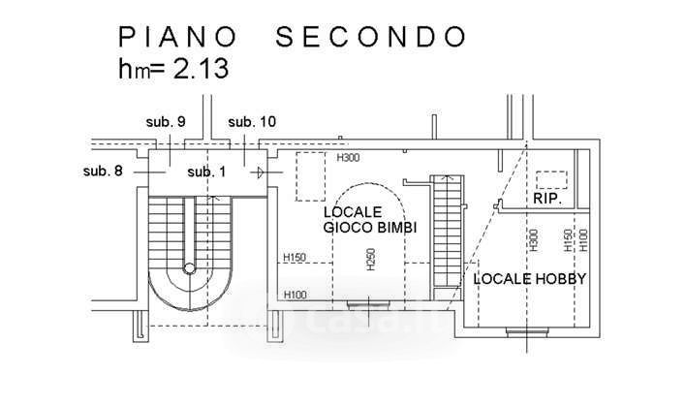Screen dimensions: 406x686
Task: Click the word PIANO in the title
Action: [179, 37]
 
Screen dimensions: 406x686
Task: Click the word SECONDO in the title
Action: [372, 37]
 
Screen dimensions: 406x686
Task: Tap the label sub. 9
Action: [166, 122]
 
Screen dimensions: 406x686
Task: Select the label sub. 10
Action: [252, 122]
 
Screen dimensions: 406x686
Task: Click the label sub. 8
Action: [104, 172]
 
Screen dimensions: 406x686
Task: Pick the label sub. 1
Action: [206, 172]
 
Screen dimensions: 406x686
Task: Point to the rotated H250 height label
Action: [371, 259]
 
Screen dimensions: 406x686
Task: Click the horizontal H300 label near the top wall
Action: [347, 158]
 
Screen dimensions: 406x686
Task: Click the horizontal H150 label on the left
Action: [295, 257]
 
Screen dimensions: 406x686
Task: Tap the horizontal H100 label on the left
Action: [295, 295]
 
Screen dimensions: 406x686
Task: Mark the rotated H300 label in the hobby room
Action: [534, 239]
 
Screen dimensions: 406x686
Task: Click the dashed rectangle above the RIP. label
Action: [551, 179]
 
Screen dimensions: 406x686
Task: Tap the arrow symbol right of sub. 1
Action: [260, 172]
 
